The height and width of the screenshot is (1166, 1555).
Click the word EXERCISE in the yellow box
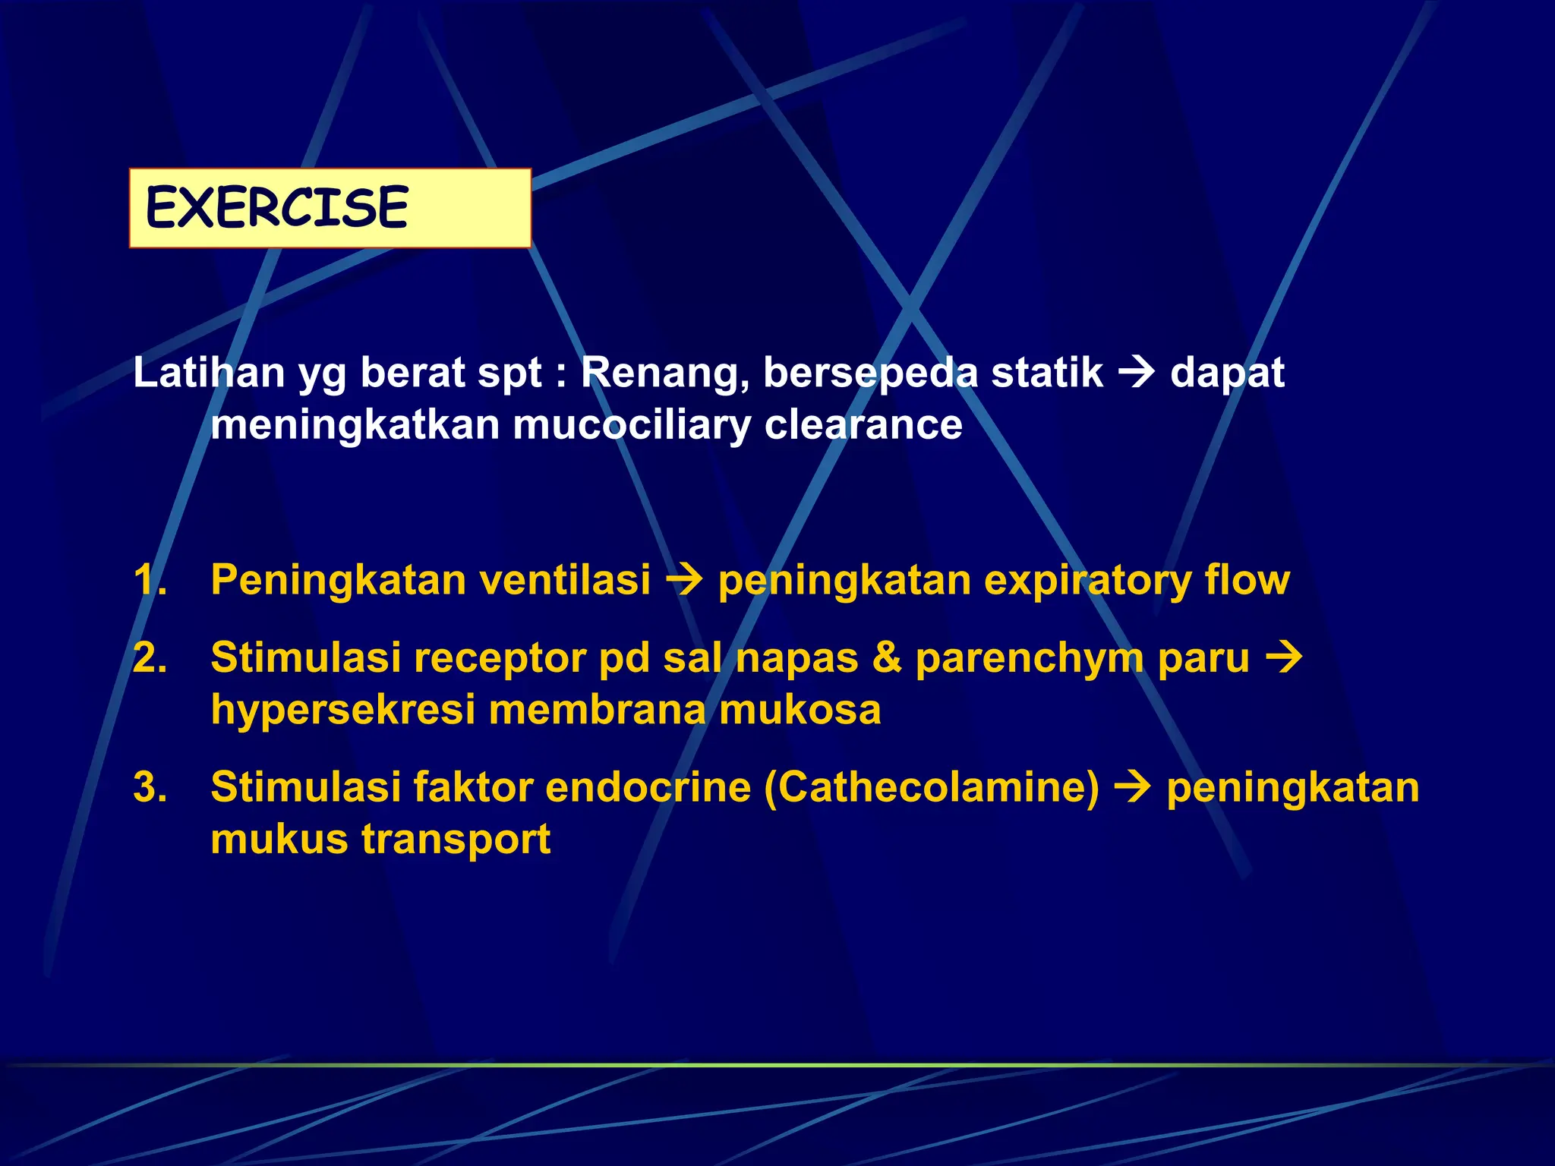[276, 207]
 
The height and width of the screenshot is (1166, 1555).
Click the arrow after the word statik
[1137, 372]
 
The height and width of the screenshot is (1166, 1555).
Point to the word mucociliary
[632, 424]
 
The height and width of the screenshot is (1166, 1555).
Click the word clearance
[863, 424]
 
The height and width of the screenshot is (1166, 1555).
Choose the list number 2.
[150, 657]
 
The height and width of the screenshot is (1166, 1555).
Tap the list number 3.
[150, 787]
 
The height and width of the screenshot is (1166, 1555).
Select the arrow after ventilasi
[684, 581]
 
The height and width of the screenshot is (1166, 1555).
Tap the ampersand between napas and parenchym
[886, 657]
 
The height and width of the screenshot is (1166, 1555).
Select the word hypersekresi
[343, 711]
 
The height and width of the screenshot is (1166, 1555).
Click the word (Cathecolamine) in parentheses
[932, 787]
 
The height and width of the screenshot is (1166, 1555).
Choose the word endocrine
[648, 787]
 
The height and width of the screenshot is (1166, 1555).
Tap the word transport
[456, 840]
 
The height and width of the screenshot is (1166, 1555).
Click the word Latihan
[209, 373]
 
